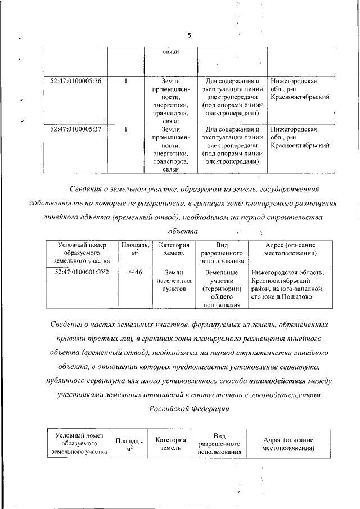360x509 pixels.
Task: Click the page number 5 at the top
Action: tap(189, 35)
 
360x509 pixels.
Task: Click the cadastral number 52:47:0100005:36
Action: tap(75, 81)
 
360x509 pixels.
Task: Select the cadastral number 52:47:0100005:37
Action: tap(75, 129)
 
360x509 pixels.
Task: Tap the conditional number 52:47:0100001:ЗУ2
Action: tap(82, 272)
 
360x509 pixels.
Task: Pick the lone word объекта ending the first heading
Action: tap(183, 231)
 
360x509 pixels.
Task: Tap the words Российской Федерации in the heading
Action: tap(189, 409)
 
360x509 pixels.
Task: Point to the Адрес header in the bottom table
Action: tap(288, 444)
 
